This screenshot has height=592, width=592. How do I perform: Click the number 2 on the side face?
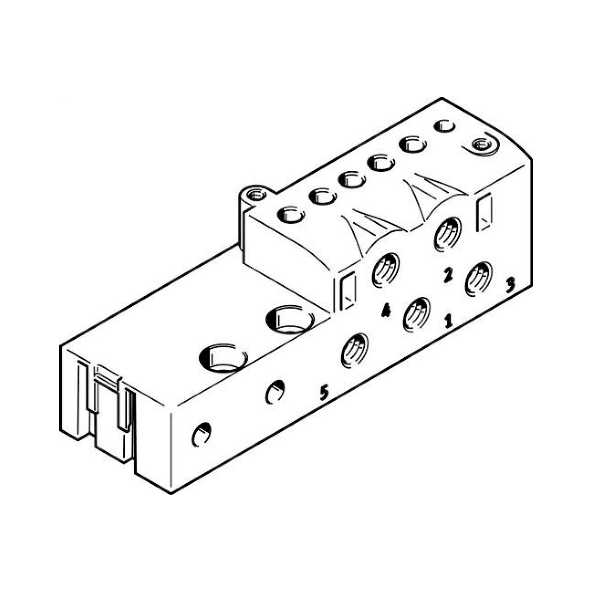(x=448, y=275)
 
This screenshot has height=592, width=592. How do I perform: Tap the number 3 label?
(x=510, y=285)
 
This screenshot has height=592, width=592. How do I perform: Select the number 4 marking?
(x=386, y=311)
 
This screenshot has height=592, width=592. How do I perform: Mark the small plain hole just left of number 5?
(x=275, y=391)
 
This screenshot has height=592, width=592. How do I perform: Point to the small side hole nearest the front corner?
(x=201, y=434)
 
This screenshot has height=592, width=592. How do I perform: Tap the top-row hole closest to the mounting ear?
(x=290, y=215)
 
